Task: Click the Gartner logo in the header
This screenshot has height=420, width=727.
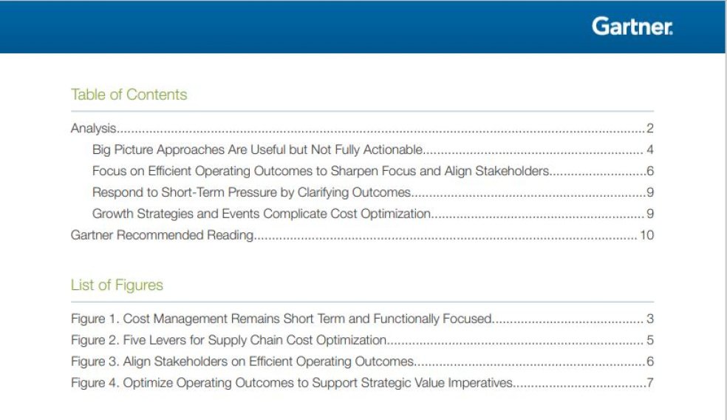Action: tap(632, 27)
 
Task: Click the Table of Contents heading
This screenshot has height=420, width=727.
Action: tap(129, 95)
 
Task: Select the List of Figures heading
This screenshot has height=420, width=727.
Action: tap(117, 285)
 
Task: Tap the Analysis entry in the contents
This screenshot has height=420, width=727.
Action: tap(94, 129)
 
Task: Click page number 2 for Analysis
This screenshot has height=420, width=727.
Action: tap(650, 129)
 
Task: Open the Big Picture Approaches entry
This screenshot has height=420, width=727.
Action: tap(257, 150)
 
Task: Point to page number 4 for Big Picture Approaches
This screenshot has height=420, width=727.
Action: tap(650, 150)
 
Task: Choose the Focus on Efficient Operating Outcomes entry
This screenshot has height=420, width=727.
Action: tap(321, 172)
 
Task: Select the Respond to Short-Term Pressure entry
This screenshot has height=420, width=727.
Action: tap(251, 193)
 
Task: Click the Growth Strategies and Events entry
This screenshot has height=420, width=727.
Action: tap(261, 214)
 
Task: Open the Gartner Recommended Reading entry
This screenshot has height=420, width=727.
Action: tap(162, 236)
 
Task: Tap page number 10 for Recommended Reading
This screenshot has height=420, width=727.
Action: tap(647, 236)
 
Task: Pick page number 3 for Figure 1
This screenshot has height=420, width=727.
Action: tap(650, 319)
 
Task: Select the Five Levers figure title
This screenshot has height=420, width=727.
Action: tap(254, 341)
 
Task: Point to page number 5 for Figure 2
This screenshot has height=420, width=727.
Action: tap(650, 341)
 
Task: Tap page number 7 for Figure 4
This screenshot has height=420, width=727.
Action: tap(650, 384)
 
